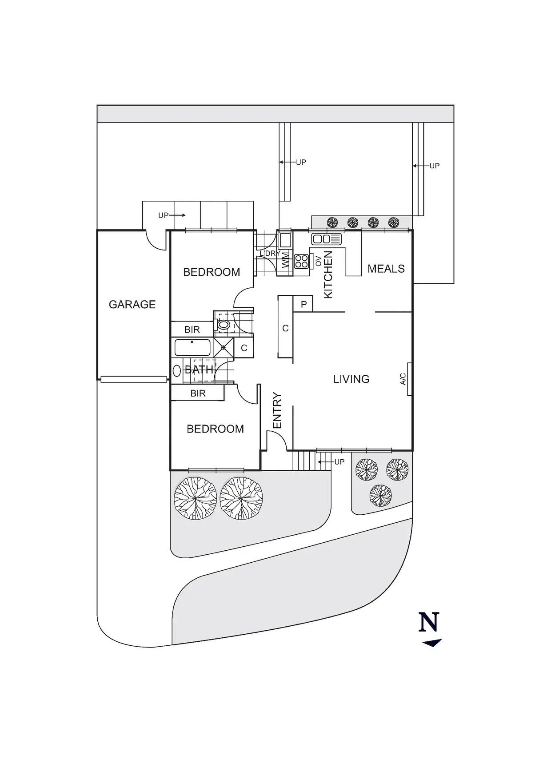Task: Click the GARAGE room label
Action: (132, 305)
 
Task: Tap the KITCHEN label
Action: (328, 274)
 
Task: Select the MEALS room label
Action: (386, 269)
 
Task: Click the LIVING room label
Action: (351, 379)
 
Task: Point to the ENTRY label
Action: (277, 410)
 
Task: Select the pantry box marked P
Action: (303, 305)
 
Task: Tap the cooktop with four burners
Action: (301, 261)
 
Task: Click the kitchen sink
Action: (326, 239)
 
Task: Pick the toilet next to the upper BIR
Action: (224, 325)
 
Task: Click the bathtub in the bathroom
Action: (192, 347)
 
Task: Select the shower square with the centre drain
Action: (224, 347)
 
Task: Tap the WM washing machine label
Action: (285, 259)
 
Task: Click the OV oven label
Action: (318, 261)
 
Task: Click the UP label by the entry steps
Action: (339, 462)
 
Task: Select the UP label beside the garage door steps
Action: (163, 215)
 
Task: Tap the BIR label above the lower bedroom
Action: (198, 393)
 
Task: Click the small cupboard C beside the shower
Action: (244, 348)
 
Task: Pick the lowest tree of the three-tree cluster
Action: (380, 495)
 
